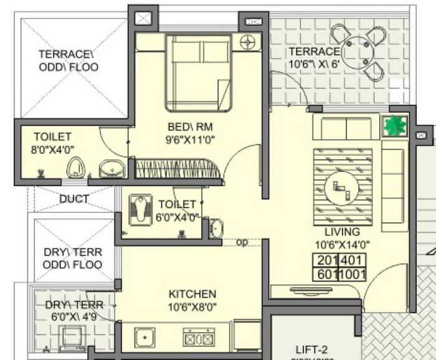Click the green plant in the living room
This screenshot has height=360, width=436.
tap(394, 126)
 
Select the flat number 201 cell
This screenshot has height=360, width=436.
tap(326, 261)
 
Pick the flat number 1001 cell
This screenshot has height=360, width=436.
tap(353, 274)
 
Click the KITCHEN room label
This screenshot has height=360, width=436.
tap(192, 294)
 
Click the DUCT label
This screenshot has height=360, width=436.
tap(73, 199)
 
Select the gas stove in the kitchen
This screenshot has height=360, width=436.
tap(198, 338)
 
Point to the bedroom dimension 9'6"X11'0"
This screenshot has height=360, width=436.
tap(191, 140)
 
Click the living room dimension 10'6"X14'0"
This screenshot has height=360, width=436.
tap(342, 244)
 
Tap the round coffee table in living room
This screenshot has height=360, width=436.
tap(341, 186)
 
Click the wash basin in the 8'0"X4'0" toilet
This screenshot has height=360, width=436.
tap(111, 168)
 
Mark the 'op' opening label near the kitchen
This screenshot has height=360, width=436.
tap(242, 242)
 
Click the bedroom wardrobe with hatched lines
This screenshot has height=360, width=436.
tap(178, 168)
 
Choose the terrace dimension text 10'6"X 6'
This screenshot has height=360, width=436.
tap(315, 64)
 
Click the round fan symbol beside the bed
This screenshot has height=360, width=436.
tap(248, 42)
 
